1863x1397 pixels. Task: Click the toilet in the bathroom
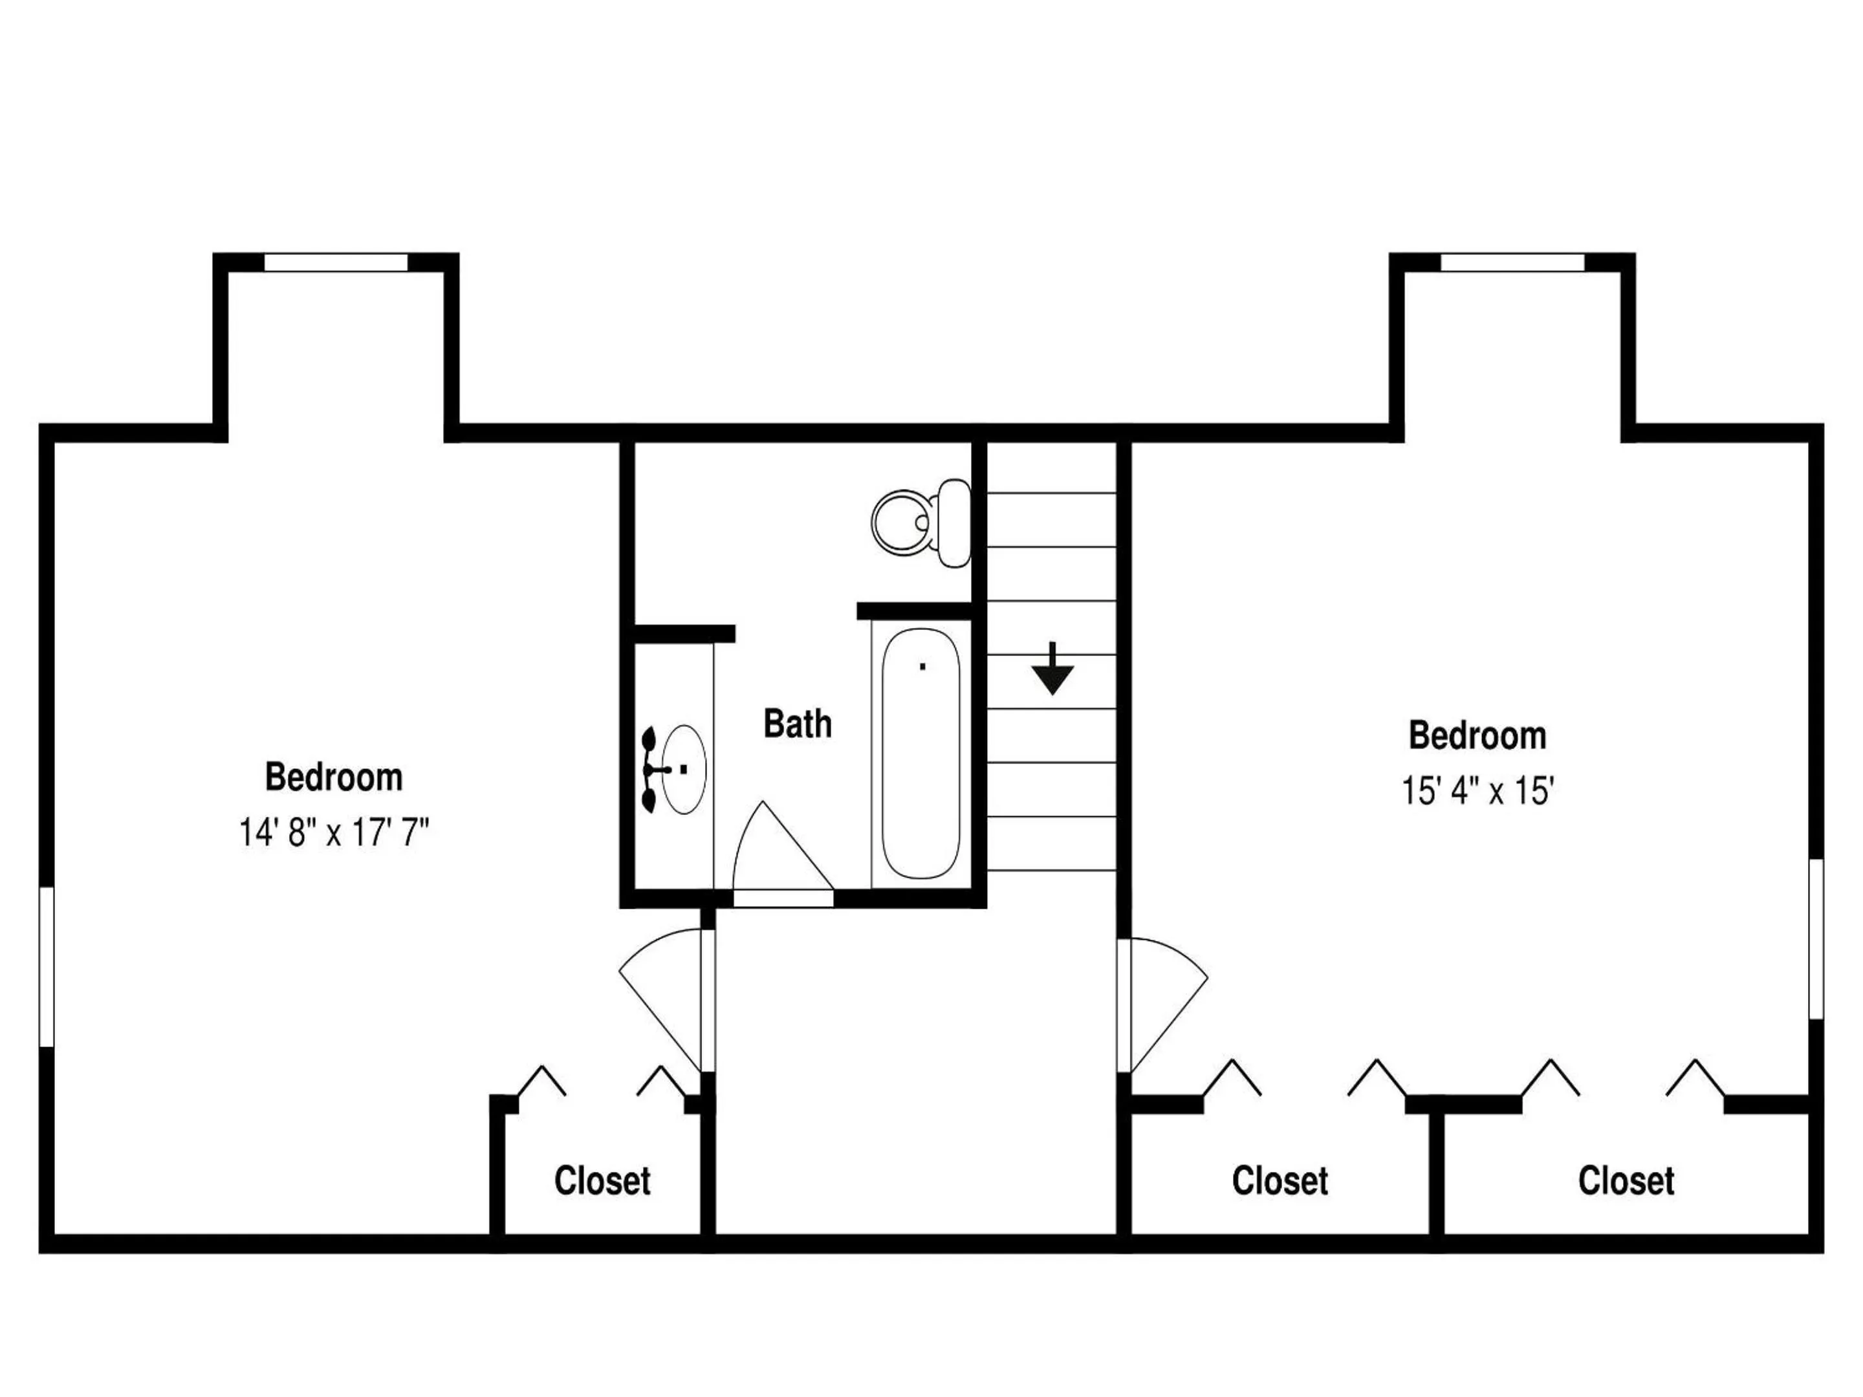[x=921, y=522]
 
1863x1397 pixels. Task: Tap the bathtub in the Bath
[x=921, y=753]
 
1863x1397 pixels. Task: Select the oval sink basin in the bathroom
[x=684, y=769]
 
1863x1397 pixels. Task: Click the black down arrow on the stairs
[x=1052, y=669]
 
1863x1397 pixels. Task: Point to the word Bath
[x=798, y=724]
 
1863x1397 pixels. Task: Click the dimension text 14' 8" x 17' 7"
[x=334, y=833]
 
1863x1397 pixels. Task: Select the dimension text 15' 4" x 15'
[x=1477, y=791]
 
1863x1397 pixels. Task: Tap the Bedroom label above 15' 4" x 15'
[x=1477, y=735]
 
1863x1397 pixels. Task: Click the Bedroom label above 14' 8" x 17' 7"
[x=334, y=776]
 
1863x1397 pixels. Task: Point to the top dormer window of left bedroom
[x=336, y=262]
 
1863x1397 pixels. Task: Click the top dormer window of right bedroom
[x=1512, y=262]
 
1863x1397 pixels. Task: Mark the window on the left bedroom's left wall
[x=47, y=967]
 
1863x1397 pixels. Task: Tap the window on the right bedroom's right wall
[x=1816, y=939]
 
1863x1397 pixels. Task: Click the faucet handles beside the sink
[x=651, y=770]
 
